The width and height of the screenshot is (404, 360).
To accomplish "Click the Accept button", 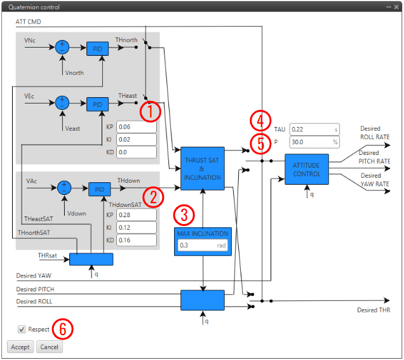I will click(20, 347).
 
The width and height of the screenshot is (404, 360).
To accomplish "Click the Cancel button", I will click(49, 347).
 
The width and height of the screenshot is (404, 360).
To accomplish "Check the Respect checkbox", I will click(22, 330).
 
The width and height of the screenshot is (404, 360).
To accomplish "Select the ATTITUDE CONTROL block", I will click(307, 169).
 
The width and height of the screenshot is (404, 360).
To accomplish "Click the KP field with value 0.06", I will click(135, 126).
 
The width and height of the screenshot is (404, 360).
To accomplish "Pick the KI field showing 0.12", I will click(135, 227).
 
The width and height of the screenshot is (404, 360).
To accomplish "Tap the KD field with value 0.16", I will click(135, 240).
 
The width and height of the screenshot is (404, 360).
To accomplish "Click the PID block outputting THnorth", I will click(97, 48).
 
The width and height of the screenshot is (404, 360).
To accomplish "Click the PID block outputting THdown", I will click(98, 189).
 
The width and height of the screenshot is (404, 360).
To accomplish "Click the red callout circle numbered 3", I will click(184, 214).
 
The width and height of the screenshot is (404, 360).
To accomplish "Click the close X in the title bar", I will click(395, 6).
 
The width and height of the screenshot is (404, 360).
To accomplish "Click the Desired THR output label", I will click(374, 310).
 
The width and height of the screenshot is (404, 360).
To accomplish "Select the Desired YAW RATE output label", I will click(374, 180).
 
